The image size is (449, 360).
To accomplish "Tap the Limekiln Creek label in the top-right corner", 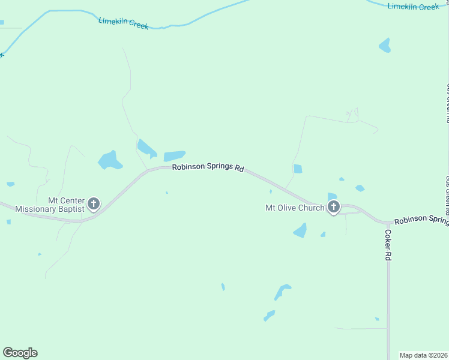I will pyautogui.click(x=413, y=7).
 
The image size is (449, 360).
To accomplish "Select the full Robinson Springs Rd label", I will pyautogui.click(x=208, y=168).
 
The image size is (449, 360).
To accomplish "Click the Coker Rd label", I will pyautogui.click(x=388, y=245).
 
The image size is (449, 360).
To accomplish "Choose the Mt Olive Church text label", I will pyautogui.click(x=295, y=208).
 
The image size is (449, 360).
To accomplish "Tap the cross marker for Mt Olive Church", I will pyautogui.click(x=333, y=208).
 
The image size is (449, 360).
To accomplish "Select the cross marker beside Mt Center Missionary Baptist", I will pyautogui.click(x=94, y=204).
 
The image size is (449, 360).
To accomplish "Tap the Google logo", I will pyautogui.click(x=20, y=353).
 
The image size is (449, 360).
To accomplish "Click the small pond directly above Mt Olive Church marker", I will pyautogui.click(x=332, y=196).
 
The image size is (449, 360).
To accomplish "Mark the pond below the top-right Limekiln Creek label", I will pyautogui.click(x=385, y=45).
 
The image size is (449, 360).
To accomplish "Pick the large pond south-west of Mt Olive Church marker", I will pyautogui.click(x=300, y=230).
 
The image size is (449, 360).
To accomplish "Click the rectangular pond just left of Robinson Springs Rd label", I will pyautogui.click(x=174, y=155).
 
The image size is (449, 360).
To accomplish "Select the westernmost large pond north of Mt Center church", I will pyautogui.click(x=110, y=160).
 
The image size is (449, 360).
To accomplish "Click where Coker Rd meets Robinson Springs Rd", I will pyautogui.click(x=388, y=223).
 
